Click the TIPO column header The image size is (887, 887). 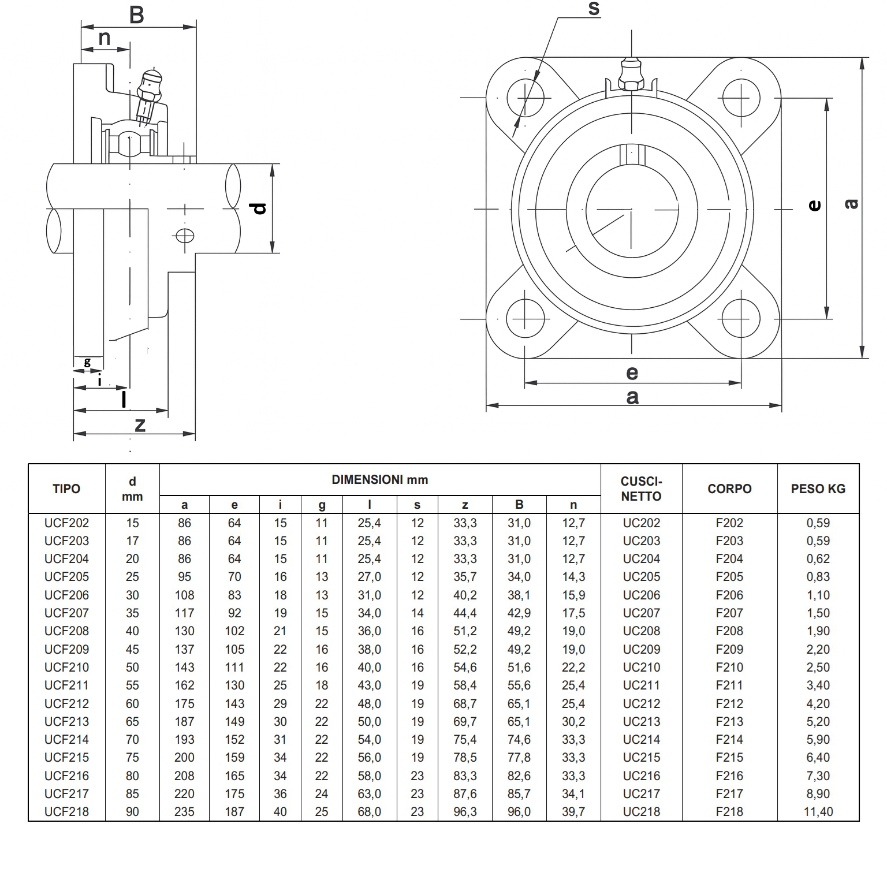(66, 489)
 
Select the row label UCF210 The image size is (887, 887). (66, 667)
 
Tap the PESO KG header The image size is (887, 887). (818, 489)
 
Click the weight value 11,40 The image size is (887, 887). (818, 811)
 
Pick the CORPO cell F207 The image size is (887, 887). (729, 613)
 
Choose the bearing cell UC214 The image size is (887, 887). (641, 739)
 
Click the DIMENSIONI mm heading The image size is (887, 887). (379, 479)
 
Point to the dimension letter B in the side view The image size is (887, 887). (137, 15)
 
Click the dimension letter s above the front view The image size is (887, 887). (594, 9)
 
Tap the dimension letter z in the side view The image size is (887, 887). (140, 425)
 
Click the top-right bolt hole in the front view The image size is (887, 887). (741, 98)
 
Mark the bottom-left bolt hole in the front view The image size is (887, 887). (525, 319)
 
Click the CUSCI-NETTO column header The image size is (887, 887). (641, 489)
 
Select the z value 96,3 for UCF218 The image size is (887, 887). (465, 811)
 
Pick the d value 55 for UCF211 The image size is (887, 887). (132, 685)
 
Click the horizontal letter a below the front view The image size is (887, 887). (632, 397)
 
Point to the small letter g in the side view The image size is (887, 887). (87, 362)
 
